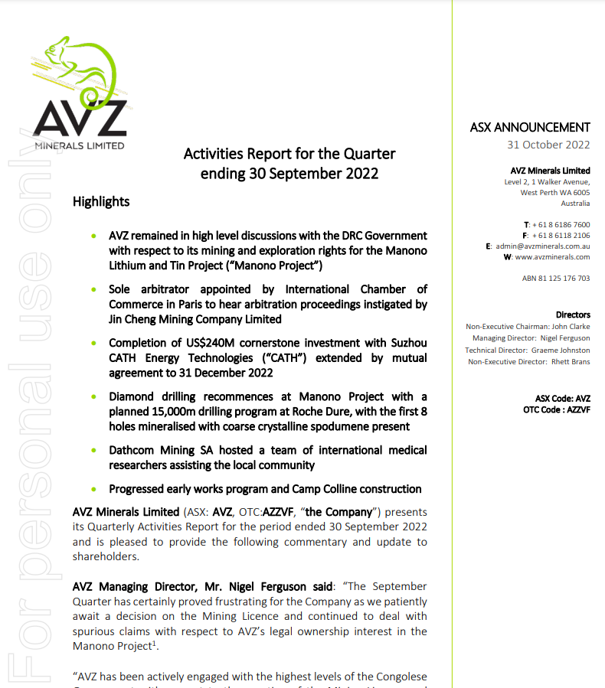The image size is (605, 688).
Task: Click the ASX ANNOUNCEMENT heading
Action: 530,128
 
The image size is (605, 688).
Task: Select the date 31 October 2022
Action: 548,145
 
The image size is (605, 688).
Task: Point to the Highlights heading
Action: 101,202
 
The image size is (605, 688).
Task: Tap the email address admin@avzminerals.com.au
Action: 542,246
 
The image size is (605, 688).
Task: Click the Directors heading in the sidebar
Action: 573,315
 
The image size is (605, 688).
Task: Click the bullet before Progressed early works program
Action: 93,489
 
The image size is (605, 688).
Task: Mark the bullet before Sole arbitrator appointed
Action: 93,290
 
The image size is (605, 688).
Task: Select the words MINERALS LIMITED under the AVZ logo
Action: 80,145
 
